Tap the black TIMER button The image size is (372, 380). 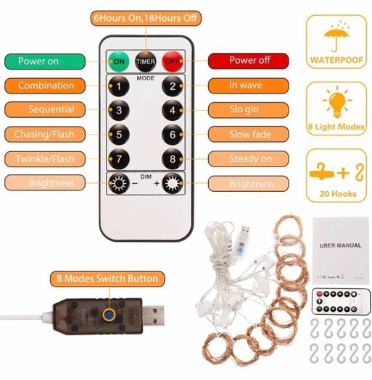click(x=146, y=62)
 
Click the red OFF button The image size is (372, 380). click(x=173, y=62)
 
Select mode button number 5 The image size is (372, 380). click(x=119, y=135)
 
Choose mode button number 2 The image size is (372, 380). click(x=173, y=86)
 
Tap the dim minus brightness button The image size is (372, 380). click(x=119, y=183)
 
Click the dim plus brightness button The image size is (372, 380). click(x=173, y=183)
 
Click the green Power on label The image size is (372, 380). click(x=45, y=62)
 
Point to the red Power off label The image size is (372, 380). click(x=249, y=61)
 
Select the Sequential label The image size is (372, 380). click(x=45, y=109)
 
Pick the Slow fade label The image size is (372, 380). click(x=249, y=134)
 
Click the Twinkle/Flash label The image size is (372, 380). click(x=45, y=159)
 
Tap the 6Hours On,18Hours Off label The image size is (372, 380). click(x=146, y=18)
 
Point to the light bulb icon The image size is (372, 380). click(x=337, y=102)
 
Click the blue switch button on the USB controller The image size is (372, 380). click(x=109, y=315)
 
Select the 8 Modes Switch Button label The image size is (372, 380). click(x=107, y=279)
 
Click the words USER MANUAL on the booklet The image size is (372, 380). click(x=340, y=245)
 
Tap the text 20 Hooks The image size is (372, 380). click(x=338, y=194)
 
